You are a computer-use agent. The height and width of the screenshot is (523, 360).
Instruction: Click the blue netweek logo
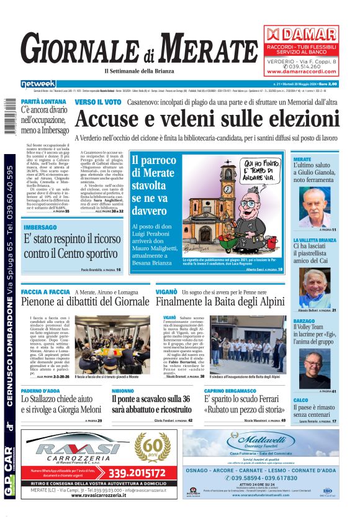pos(38,84)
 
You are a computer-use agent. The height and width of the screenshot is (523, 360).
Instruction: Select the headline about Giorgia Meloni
pos(61,405)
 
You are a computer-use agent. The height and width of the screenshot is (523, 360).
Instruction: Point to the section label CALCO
pos(300,401)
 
